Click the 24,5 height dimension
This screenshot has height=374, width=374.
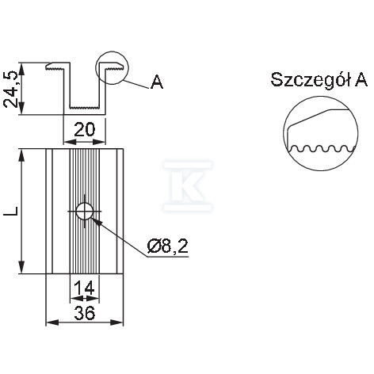11,90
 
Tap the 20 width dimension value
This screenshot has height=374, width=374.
85,130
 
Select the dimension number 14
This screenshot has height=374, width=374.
84,288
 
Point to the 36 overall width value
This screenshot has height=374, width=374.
85,314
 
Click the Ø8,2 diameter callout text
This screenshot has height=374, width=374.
168,246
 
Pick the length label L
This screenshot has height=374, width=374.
11,211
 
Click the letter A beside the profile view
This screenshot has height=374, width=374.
157,82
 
